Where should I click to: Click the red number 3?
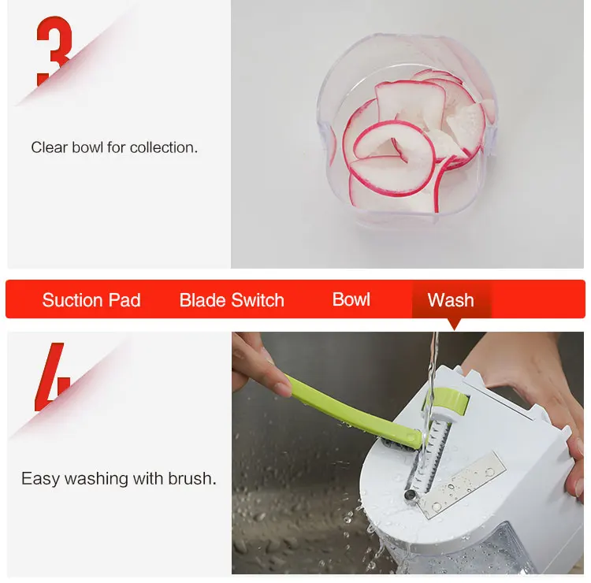tap(54, 51)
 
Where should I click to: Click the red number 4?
tap(53, 377)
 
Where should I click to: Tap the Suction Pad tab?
tap(91, 300)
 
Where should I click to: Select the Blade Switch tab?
tap(232, 300)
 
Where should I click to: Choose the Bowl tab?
tap(351, 299)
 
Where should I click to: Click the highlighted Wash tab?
tap(451, 300)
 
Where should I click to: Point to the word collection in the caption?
tap(164, 147)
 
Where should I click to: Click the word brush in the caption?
tap(192, 478)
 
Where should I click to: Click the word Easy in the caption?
tap(40, 478)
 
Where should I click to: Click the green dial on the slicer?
tap(448, 401)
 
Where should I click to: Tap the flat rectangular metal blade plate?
tap(461, 485)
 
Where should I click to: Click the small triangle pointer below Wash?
tap(454, 324)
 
